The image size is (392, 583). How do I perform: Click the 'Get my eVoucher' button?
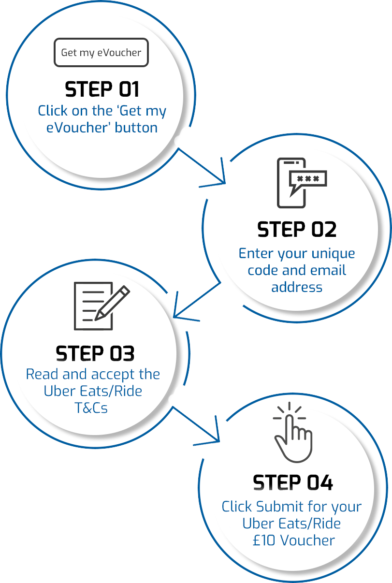click(x=101, y=52)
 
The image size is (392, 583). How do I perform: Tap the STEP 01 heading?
click(x=102, y=89)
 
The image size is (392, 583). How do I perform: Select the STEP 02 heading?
click(x=296, y=230)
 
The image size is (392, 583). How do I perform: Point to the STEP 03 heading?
click(x=95, y=353)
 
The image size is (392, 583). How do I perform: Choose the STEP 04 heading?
click(x=293, y=482)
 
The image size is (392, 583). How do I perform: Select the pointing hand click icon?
click(x=292, y=433)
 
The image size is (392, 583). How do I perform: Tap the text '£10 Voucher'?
click(x=293, y=540)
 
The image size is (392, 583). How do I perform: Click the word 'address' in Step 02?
click(x=296, y=287)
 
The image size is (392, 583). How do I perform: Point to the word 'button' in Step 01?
click(x=136, y=128)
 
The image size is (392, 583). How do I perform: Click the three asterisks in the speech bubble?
click(x=308, y=178)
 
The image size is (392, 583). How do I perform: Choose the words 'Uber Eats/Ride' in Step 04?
click(x=291, y=524)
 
